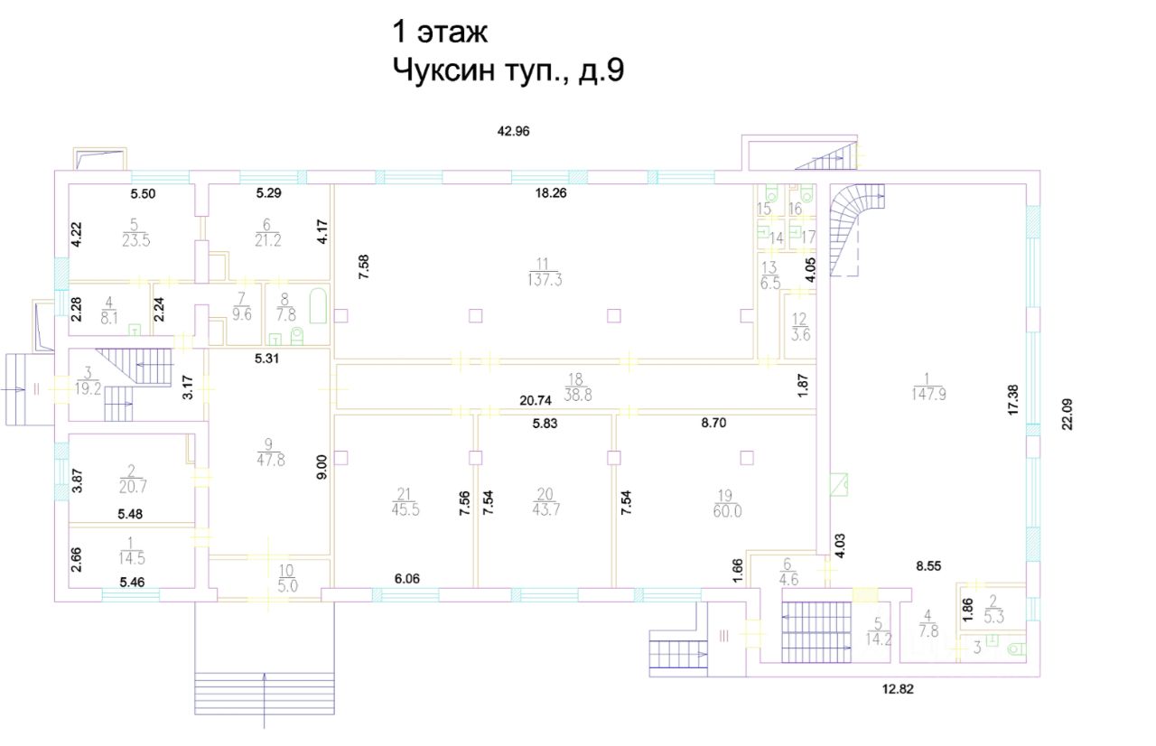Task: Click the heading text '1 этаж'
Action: (x=440, y=32)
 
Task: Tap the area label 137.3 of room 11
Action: (x=545, y=280)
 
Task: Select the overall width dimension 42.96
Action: (x=514, y=131)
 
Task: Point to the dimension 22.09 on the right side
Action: (x=1067, y=415)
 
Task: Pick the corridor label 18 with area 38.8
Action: (x=577, y=387)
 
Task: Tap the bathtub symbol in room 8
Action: (x=319, y=306)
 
